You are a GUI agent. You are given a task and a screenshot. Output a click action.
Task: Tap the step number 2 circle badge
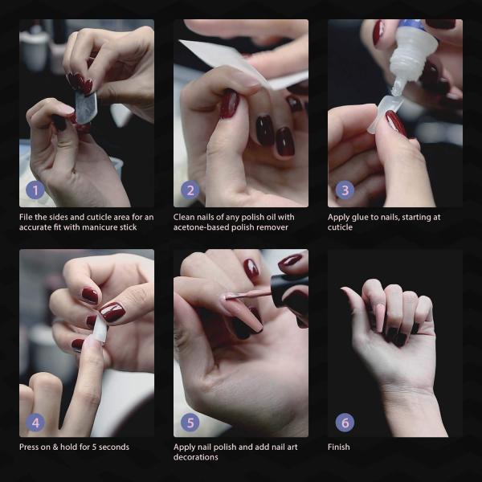pyautogui.click(x=190, y=190)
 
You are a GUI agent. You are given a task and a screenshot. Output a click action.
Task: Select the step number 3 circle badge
pyautogui.click(x=345, y=190)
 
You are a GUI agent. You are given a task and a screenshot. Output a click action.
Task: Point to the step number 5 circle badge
pyautogui.click(x=190, y=422)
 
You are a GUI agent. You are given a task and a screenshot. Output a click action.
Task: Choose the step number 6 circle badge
pyautogui.click(x=345, y=422)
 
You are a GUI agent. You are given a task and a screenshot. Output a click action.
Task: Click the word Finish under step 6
pyautogui.click(x=339, y=447)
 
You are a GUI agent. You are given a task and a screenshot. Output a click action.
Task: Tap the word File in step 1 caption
pyautogui.click(x=27, y=217)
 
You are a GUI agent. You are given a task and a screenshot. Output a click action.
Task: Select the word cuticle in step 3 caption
pyautogui.click(x=341, y=227)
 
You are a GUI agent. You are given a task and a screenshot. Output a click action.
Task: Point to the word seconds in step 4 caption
pyautogui.click(x=112, y=447)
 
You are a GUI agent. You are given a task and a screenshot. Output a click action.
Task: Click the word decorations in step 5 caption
pyautogui.click(x=196, y=457)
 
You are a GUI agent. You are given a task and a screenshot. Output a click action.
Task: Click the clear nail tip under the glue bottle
pyautogui.click(x=384, y=112)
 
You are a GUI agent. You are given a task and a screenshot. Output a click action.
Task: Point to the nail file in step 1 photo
pyautogui.click(x=85, y=104)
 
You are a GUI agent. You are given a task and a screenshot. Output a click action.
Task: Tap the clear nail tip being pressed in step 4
pyautogui.click(x=100, y=329)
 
